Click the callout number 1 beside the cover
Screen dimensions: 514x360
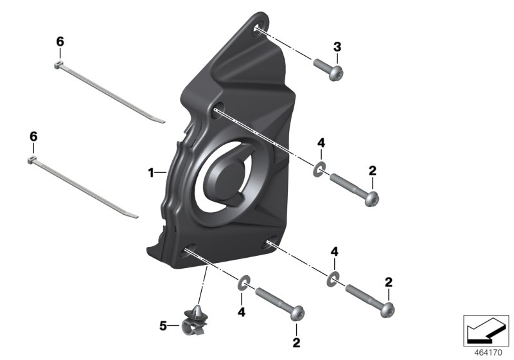point(151,172)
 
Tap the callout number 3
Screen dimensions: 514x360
point(337,47)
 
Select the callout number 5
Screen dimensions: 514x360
point(163,326)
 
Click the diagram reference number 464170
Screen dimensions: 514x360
point(488,353)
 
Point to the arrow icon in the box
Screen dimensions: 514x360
point(486,330)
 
